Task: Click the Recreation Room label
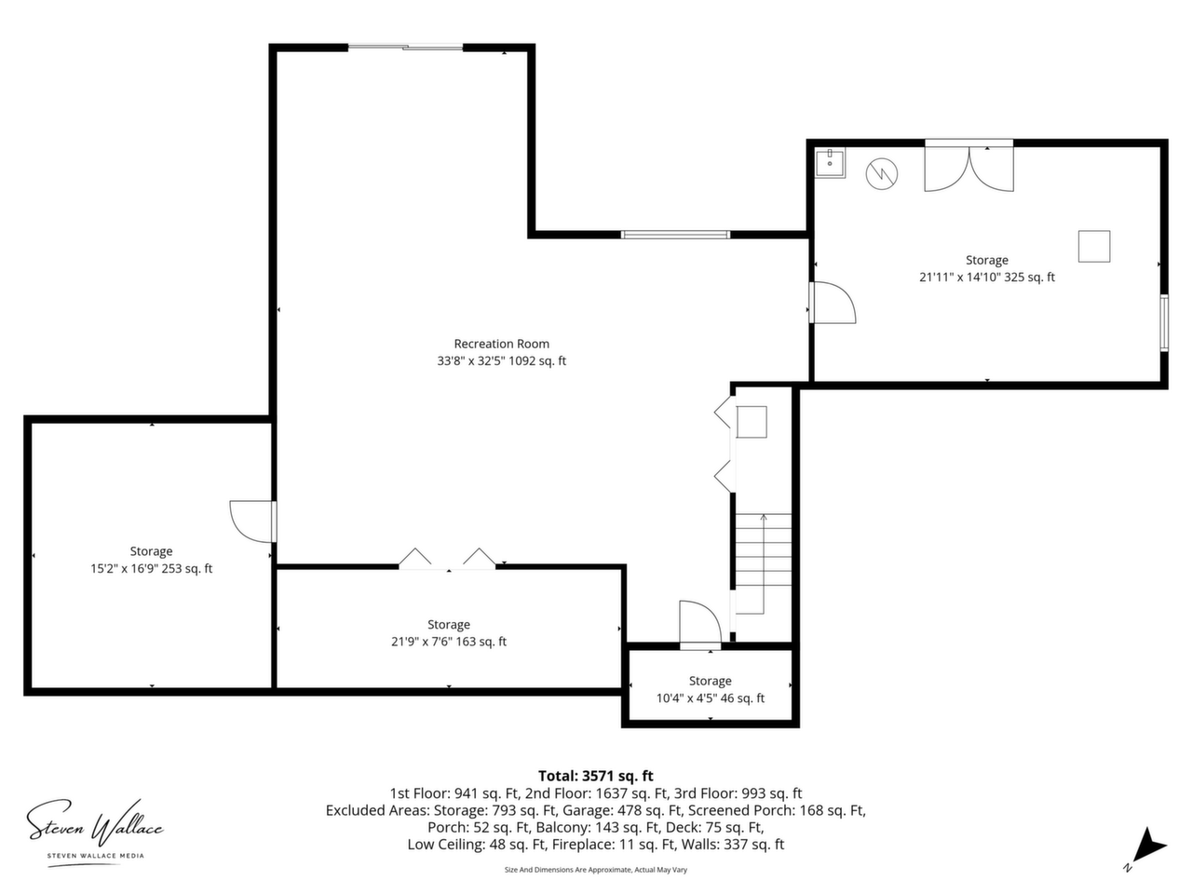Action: (x=501, y=344)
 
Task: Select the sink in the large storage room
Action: (x=831, y=164)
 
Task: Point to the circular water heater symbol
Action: (x=881, y=174)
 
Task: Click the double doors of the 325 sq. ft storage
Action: (x=968, y=169)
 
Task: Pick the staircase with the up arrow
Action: (x=763, y=563)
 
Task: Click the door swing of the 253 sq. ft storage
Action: (x=252, y=521)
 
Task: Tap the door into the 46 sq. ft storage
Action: (x=700, y=624)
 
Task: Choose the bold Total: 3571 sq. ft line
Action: (x=596, y=776)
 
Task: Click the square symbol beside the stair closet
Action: (x=752, y=422)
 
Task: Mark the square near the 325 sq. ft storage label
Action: (x=1093, y=246)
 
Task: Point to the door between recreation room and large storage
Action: (x=833, y=303)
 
